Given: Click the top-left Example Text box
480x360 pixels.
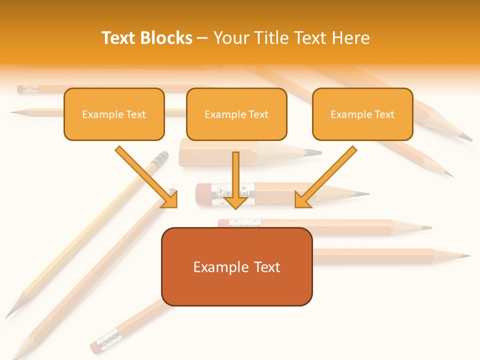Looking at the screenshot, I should [114, 114].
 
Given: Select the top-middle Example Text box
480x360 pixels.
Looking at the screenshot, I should [236, 114].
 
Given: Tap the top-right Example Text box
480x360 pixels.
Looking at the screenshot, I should [362, 114].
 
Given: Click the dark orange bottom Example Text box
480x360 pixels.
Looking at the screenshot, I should [236, 266].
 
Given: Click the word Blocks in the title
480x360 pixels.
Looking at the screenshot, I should [166, 38].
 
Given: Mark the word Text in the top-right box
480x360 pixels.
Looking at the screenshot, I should [384, 114].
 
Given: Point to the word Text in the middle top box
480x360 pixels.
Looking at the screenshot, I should [258, 114].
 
